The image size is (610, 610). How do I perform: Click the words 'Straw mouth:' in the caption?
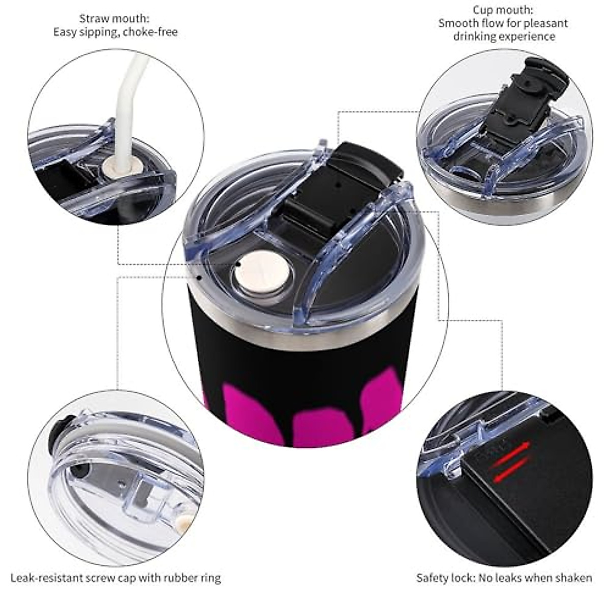click(x=114, y=19)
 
